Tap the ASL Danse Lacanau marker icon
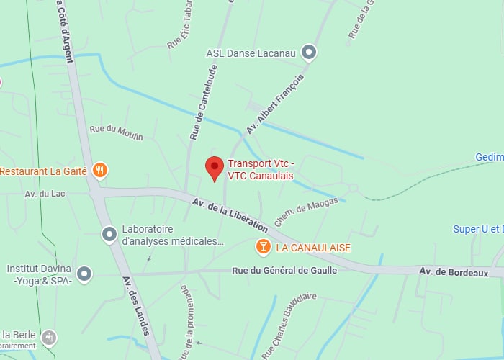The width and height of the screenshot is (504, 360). click(x=309, y=52)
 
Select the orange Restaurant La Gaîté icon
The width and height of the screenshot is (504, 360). click(x=101, y=171)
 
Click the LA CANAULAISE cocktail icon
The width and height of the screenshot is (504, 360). click(x=264, y=248)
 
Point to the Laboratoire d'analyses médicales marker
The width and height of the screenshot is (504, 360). click(x=109, y=235)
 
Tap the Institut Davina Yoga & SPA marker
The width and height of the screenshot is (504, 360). click(x=84, y=274)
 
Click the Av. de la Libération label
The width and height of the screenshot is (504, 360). click(x=230, y=214)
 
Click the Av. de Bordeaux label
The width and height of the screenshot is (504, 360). click(x=454, y=273)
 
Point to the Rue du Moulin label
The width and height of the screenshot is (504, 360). click(x=116, y=132)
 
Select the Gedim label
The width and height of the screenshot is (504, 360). click(x=489, y=157)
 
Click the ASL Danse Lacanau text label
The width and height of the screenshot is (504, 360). click(x=251, y=52)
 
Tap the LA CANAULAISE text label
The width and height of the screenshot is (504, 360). click(x=313, y=248)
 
